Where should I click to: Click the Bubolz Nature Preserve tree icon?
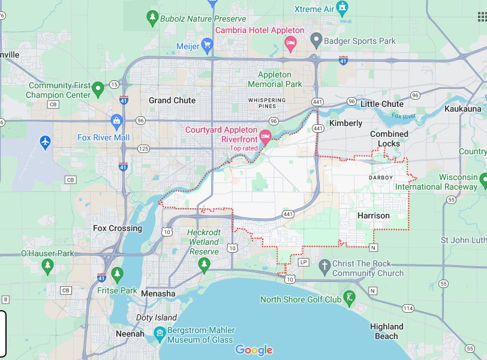(x=152, y=18)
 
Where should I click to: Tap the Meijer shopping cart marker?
(x=207, y=44)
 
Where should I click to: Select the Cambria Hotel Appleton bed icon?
(x=290, y=43)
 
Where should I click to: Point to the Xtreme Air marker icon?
(x=342, y=8)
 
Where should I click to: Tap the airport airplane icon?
(x=44, y=143)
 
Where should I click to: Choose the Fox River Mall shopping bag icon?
(x=116, y=121)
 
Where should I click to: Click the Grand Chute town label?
(x=172, y=100)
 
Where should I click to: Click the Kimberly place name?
(x=346, y=123)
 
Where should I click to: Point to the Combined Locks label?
(x=389, y=139)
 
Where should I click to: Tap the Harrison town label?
(x=373, y=215)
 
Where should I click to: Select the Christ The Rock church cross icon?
(x=324, y=265)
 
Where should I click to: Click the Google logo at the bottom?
(x=254, y=350)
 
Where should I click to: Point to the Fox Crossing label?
(x=118, y=228)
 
